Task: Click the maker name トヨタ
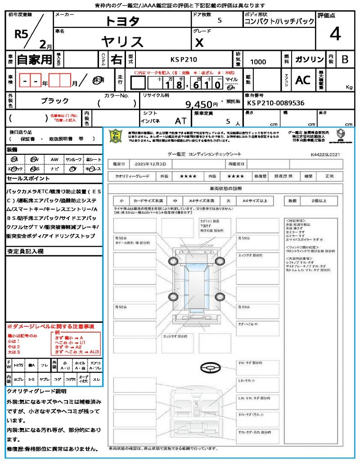(x=122, y=21)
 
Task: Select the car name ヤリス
(x=122, y=42)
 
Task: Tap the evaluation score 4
(x=335, y=34)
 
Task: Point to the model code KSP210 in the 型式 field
(x=183, y=59)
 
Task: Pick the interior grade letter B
(x=345, y=59)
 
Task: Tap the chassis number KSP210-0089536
(x=275, y=103)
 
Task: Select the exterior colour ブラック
(x=55, y=101)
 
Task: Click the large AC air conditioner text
(x=303, y=80)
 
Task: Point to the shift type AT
(x=181, y=121)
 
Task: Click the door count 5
(x=219, y=20)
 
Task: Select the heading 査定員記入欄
(x=25, y=251)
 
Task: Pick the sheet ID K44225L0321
(x=325, y=154)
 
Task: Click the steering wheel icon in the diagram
(x=211, y=368)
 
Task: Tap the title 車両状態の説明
(x=225, y=188)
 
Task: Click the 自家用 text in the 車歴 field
(x=34, y=59)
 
